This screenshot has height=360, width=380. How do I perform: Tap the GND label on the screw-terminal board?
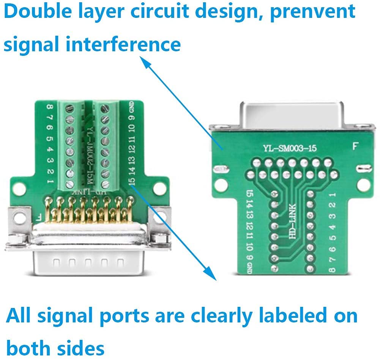[131, 107]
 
